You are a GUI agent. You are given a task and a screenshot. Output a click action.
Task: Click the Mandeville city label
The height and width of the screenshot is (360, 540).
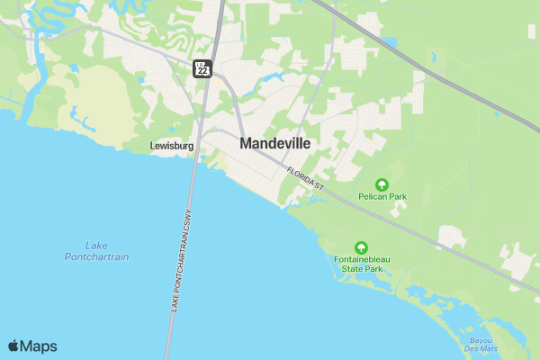pos(275,143)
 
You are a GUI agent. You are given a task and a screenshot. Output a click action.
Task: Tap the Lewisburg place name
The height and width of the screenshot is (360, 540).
pos(170,145)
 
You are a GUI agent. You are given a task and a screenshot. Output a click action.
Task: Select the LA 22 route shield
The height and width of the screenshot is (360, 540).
pos(202,67)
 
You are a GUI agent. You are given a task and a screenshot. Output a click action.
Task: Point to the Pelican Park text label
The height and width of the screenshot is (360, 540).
pos(382,195)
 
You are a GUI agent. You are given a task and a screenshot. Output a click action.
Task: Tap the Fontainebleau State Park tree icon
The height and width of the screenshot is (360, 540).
pos(361,247)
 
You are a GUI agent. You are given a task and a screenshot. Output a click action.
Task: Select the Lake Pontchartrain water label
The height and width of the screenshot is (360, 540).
pos(97,251)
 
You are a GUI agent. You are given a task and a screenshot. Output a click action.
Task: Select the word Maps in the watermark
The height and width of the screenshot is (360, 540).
pos(39,346)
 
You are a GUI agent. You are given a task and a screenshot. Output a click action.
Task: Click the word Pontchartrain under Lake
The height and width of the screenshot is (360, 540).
pos(97,256)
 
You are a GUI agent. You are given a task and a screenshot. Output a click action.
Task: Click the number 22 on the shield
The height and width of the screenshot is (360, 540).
pos(203,71)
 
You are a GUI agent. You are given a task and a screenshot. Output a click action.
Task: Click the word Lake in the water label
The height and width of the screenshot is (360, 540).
pos(96,245)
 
